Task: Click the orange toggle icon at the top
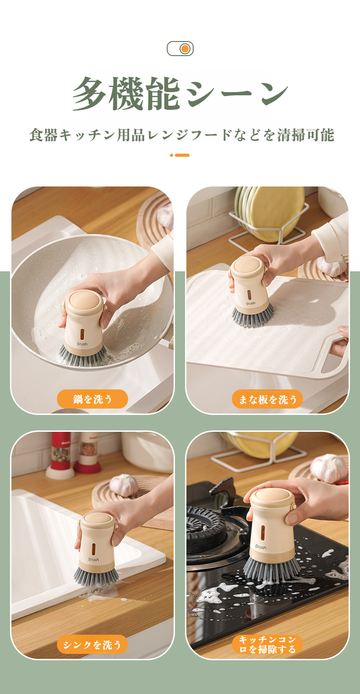coord(180,49)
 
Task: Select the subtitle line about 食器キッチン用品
coord(181,135)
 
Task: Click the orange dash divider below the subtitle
coord(180,155)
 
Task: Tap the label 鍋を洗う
coord(93,399)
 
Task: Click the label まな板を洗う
coord(267,399)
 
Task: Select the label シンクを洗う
coord(93,644)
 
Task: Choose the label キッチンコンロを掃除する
coord(267,644)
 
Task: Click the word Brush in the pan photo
coord(82,344)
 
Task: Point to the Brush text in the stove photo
coord(261,547)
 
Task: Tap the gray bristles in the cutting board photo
coord(253,316)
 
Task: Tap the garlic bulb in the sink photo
coord(123,485)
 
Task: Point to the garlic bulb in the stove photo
coord(328,467)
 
